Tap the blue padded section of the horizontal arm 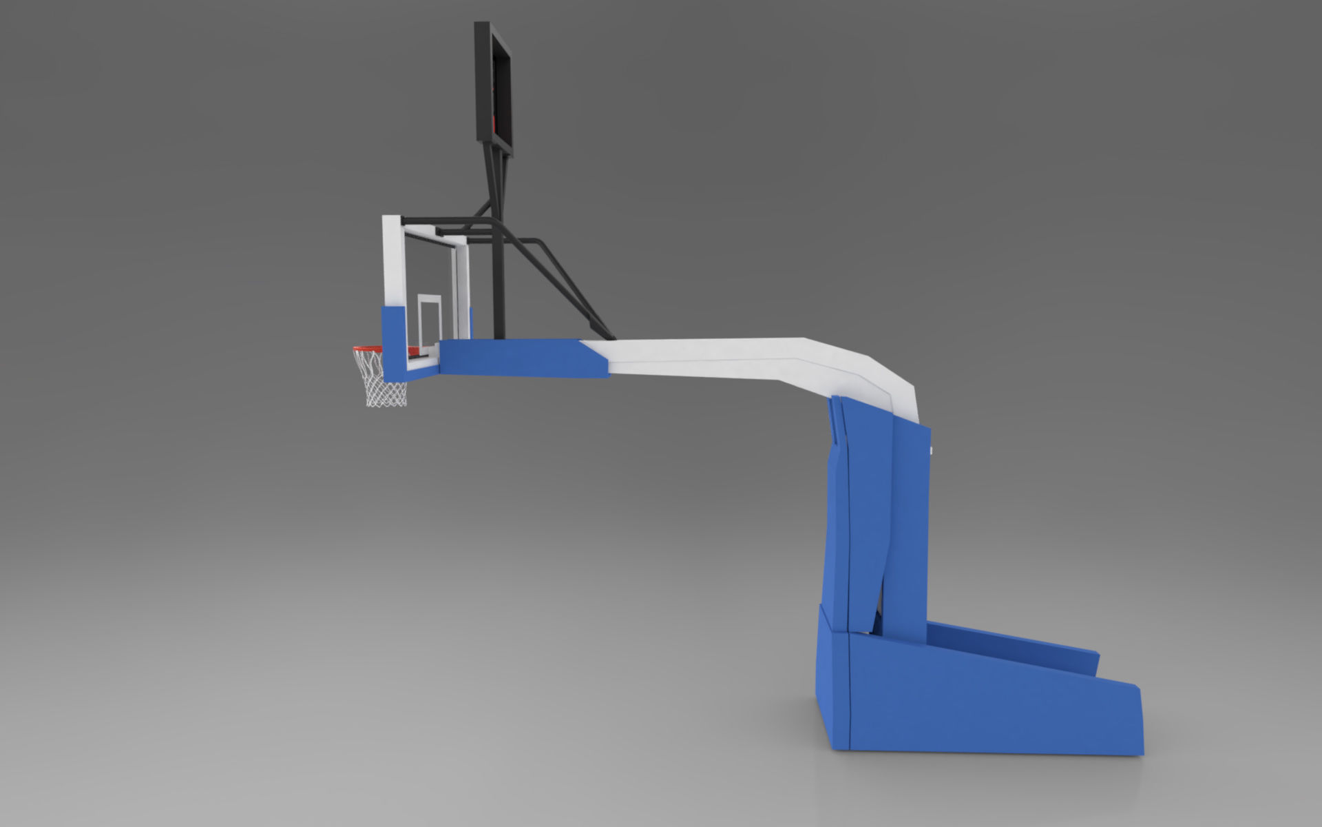pos(516,358)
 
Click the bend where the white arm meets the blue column pos(888,393)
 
